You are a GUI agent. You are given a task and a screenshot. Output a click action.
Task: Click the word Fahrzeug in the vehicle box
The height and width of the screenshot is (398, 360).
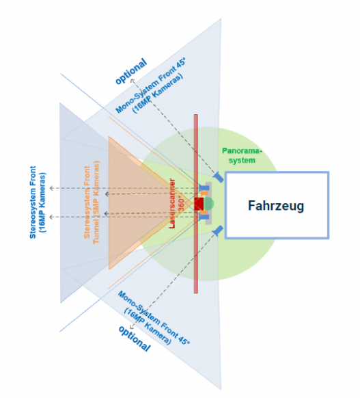pyautogui.click(x=276, y=206)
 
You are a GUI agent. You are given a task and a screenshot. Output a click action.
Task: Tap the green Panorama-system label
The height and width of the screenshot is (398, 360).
pyautogui.click(x=242, y=156)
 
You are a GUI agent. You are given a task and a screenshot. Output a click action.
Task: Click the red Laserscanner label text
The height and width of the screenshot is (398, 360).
pyautogui.click(x=172, y=204)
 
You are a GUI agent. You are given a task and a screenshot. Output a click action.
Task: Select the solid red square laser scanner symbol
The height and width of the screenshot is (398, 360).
pyautogui.click(x=199, y=204)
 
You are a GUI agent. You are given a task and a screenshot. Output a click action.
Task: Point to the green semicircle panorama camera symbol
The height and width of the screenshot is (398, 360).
pyautogui.click(x=208, y=204)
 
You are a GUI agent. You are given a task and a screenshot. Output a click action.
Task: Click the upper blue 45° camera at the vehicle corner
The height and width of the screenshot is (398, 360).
pyautogui.click(x=219, y=176)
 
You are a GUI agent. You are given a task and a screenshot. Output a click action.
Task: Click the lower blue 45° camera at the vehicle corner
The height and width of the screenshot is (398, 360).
pyautogui.click(x=218, y=230)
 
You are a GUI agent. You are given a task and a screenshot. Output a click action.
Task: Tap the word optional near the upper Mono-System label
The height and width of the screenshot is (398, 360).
pyautogui.click(x=131, y=71)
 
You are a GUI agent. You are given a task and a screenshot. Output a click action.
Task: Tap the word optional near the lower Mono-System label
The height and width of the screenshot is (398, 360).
pyautogui.click(x=135, y=339)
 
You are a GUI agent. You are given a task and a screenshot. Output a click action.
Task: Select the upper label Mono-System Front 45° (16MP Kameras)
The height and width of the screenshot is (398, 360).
pyautogui.click(x=151, y=85)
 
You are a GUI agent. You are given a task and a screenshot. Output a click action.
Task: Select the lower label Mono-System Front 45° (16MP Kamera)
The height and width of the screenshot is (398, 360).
pyautogui.click(x=153, y=318)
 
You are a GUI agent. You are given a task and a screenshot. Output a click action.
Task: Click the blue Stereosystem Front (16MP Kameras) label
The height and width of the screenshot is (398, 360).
pyautogui.click(x=38, y=202)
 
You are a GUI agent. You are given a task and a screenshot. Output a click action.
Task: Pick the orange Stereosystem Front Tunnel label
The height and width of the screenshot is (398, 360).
pyautogui.click(x=92, y=202)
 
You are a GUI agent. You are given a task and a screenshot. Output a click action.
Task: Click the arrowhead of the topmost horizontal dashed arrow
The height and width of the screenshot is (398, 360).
pyautogui.click(x=51, y=188)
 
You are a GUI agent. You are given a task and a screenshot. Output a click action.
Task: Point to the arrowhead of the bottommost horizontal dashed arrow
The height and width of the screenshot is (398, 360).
pyautogui.click(x=51, y=217)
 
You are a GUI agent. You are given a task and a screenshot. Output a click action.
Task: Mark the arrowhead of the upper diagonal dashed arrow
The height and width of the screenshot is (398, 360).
pyautogui.click(x=133, y=81)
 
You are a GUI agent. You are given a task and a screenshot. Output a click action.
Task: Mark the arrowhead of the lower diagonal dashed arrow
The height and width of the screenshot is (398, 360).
pyautogui.click(x=132, y=328)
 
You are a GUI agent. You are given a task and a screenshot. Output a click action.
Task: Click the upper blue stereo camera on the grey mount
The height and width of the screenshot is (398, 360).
pyautogui.click(x=204, y=188)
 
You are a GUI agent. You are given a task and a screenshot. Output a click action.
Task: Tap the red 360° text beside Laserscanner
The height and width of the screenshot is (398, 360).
pyautogui.click(x=182, y=204)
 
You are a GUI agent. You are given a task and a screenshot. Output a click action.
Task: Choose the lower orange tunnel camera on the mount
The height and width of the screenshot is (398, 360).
pyautogui.click(x=204, y=212)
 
